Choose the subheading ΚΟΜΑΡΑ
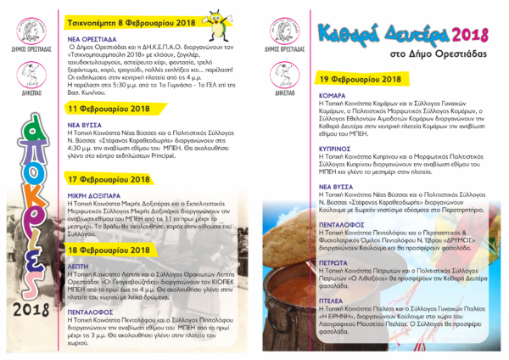coord(333,95)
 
